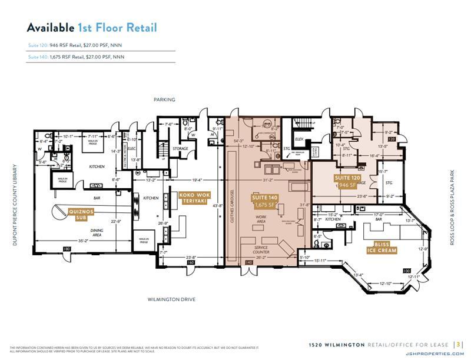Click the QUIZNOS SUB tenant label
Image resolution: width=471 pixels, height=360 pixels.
(80, 212)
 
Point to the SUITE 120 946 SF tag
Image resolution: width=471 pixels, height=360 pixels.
(347, 180)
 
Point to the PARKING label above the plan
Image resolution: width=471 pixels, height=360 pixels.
(165, 100)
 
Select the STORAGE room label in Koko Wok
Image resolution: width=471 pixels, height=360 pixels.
(180, 148)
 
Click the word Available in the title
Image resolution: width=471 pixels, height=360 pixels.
(51, 28)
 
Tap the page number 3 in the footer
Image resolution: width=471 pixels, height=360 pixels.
(460, 345)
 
